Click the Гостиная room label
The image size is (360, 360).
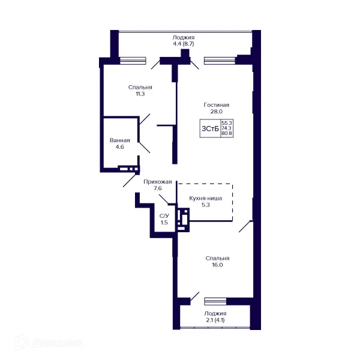tap(216, 105)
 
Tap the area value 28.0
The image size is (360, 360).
tap(216, 112)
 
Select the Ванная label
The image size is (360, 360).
tap(119, 140)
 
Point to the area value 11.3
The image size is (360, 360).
tap(140, 94)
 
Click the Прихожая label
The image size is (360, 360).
tap(157, 182)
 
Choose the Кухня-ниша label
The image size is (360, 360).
tap(205, 198)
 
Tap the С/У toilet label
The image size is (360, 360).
tap(164, 216)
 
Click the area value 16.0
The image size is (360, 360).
tap(217, 265)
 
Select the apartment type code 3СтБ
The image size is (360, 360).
tap(210, 129)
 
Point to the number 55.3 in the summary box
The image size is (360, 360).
tap(227, 123)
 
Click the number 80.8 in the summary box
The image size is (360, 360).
tap(227, 133)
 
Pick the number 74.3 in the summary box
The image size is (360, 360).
tap(227, 128)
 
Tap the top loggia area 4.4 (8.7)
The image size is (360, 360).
tap(184, 44)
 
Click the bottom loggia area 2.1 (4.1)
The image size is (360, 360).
tap(215, 320)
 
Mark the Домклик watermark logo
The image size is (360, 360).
tap(49, 343)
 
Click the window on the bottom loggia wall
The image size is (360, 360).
tap(215, 301)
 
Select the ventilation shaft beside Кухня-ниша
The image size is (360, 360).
tap(183, 220)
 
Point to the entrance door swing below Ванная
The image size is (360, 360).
tap(130, 180)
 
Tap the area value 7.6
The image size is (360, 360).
tap(157, 188)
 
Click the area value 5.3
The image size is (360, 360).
tap(205, 205)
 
